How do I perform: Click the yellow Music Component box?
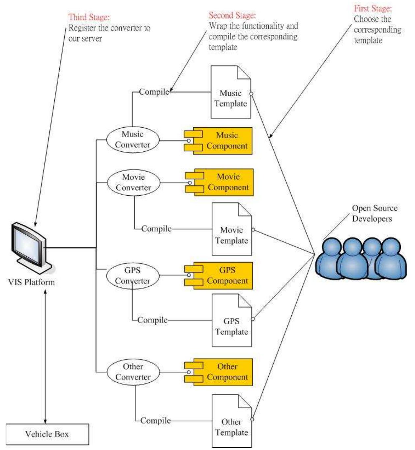point(218,141)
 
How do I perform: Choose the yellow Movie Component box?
point(219,182)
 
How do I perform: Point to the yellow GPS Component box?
point(219,276)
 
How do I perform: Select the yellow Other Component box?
point(219,372)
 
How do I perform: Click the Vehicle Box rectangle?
point(47,434)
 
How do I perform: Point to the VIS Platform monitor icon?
point(32,248)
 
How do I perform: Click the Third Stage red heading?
point(89,17)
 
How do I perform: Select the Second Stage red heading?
point(232,15)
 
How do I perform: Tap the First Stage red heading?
point(373,8)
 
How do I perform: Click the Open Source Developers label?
point(375,213)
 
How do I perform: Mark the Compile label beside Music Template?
point(154,92)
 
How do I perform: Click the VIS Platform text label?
point(31,282)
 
